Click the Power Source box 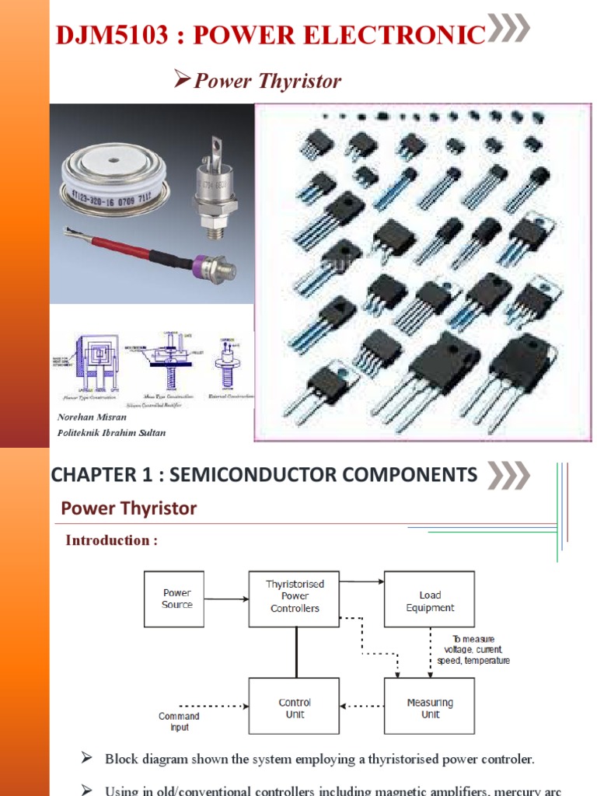(176, 599)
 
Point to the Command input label (179, 721)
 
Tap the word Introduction (106, 540)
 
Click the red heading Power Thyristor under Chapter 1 (129, 508)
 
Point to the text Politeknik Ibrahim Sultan (111, 432)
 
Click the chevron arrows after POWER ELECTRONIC (508, 29)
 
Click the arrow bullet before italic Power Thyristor (181, 79)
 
